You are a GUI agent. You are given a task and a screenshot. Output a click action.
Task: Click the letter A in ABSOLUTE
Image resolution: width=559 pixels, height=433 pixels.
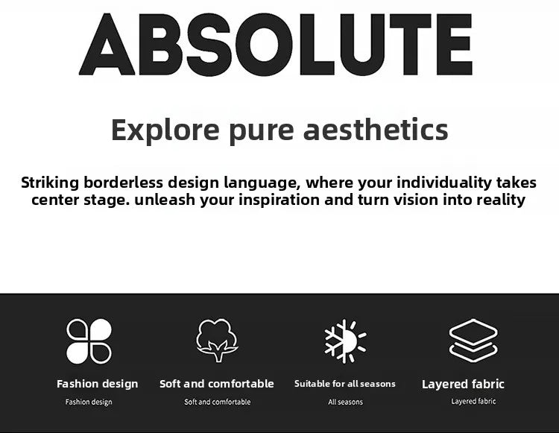pyautogui.click(x=107, y=45)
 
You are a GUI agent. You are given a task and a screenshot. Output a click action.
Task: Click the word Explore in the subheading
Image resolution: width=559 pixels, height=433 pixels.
pyautogui.click(x=165, y=130)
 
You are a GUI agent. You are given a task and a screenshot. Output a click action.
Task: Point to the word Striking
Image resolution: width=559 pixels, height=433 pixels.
pyautogui.click(x=50, y=183)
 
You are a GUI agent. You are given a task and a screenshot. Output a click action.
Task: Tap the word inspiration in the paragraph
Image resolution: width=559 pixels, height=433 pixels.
pyautogui.click(x=279, y=200)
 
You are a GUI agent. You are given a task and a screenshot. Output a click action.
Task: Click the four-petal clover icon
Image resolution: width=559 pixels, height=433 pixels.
pyautogui.click(x=89, y=341)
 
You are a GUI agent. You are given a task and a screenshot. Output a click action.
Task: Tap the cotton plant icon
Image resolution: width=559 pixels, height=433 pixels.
pyautogui.click(x=217, y=341)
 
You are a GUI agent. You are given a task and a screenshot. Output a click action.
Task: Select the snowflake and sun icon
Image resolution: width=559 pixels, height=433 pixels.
pyautogui.click(x=345, y=341)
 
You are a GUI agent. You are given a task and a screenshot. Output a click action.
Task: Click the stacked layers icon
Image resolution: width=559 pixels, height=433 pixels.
pyautogui.click(x=473, y=341)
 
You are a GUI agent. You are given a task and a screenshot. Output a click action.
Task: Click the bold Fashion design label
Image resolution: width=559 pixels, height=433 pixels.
pyautogui.click(x=98, y=384)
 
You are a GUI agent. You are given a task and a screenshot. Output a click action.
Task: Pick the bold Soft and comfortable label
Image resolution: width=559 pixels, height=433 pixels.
pyautogui.click(x=217, y=384)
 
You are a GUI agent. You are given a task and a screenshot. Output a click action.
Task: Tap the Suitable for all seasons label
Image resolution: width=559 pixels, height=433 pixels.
pyautogui.click(x=345, y=384)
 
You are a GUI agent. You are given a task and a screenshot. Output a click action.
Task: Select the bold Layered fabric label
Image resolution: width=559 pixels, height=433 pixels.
pyautogui.click(x=463, y=384)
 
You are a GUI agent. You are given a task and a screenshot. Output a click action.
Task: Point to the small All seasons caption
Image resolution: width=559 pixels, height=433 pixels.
pyautogui.click(x=345, y=402)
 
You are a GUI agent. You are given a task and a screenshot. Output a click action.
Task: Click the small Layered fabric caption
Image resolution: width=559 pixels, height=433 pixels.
pyautogui.click(x=473, y=402)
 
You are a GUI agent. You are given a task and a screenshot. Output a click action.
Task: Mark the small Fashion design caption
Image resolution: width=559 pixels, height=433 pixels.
pyautogui.click(x=89, y=402)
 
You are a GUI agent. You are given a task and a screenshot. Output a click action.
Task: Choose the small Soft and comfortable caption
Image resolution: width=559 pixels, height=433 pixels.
pyautogui.click(x=218, y=402)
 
